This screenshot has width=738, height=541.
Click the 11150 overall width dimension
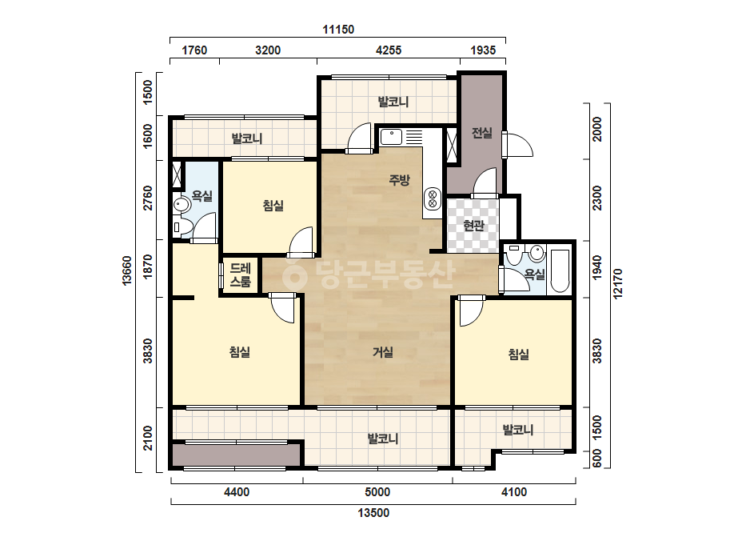click(x=338, y=30)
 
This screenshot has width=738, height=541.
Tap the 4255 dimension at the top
click(x=389, y=50)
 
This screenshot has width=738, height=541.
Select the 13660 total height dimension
click(x=127, y=271)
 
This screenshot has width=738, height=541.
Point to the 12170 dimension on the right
click(x=618, y=283)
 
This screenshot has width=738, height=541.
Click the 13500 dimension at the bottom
click(x=373, y=513)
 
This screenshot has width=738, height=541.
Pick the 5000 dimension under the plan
click(x=377, y=492)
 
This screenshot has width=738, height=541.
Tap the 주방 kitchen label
click(x=399, y=179)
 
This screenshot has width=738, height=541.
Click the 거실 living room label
click(x=383, y=352)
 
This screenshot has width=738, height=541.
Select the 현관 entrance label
click(x=473, y=226)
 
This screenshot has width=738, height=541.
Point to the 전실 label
click(x=482, y=133)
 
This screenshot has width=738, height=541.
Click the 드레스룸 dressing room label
click(x=240, y=275)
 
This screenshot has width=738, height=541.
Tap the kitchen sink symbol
click(x=391, y=137)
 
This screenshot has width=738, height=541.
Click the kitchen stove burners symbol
click(x=433, y=198)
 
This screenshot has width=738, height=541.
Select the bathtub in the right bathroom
click(x=560, y=271)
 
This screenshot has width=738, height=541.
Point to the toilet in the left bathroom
click(x=182, y=205)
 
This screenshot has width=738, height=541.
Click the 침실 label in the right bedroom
click(x=519, y=354)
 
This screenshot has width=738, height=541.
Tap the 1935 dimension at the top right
click(x=483, y=50)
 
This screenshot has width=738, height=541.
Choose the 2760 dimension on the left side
click(x=148, y=198)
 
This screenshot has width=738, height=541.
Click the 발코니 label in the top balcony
click(x=393, y=102)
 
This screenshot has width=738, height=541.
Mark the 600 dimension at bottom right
click(x=596, y=459)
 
